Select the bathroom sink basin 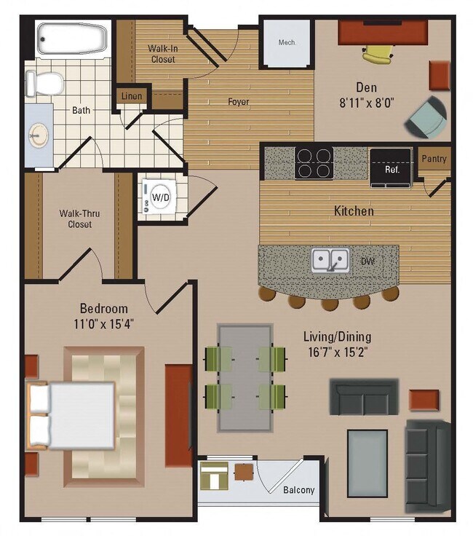[x=37, y=135]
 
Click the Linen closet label [x=132, y=96]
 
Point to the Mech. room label [x=287, y=42]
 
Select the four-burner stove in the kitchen [x=314, y=163]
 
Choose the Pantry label [x=434, y=159]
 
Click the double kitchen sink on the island [x=330, y=260]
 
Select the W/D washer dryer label [x=159, y=196]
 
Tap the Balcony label [x=298, y=489]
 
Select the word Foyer [x=238, y=101]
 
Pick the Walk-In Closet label [x=162, y=54]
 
